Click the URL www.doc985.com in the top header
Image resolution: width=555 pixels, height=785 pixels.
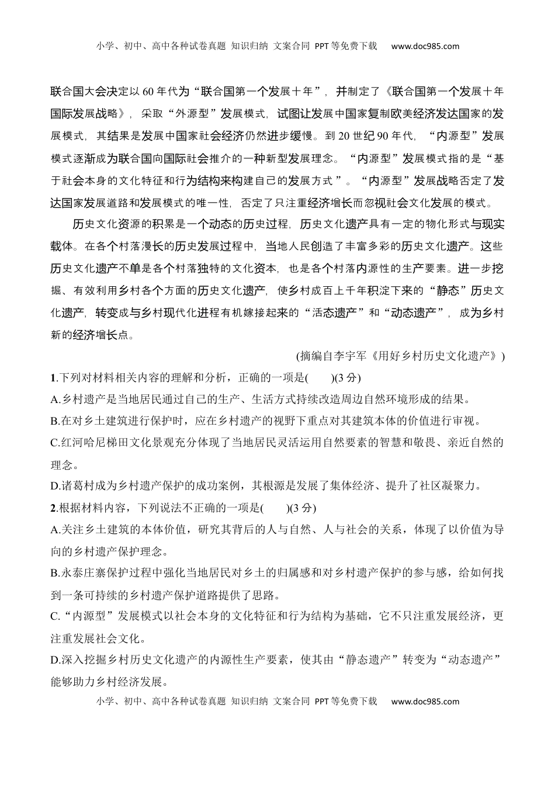coord(425,46)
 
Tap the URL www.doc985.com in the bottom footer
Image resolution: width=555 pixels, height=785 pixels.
coord(425,701)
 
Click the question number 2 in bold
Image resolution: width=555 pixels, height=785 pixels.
coord(53,508)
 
